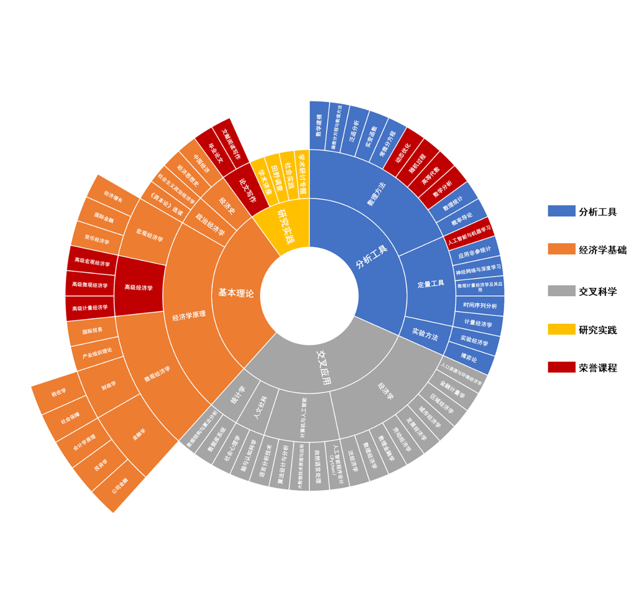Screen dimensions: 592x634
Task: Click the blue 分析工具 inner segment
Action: (x=372, y=257)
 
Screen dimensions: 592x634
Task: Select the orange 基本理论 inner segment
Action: (x=236, y=293)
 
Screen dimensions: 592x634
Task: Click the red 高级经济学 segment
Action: (x=139, y=287)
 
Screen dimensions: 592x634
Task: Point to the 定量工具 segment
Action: (x=430, y=284)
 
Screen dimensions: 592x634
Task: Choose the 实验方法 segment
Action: (x=425, y=334)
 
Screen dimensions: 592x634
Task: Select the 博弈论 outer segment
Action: (x=469, y=358)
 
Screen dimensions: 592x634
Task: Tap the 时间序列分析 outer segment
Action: (x=480, y=305)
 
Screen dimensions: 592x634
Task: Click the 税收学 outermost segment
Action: (x=58, y=393)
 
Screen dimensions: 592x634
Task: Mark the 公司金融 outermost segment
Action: (x=120, y=486)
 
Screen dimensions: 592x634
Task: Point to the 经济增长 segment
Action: (x=113, y=196)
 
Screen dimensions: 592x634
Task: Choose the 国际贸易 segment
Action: (x=92, y=331)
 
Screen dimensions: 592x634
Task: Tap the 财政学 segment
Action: (x=109, y=386)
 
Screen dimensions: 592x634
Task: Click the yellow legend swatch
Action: (x=561, y=329)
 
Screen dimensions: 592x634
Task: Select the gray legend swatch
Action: (x=561, y=291)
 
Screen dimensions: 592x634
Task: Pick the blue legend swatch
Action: (x=561, y=211)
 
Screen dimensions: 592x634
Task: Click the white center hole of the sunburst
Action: (x=310, y=295)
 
